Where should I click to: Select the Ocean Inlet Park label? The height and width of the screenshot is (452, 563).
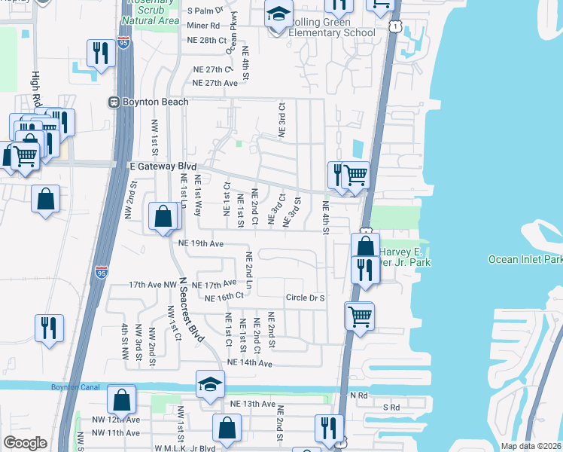(525, 259)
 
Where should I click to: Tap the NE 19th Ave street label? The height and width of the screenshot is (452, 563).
(201, 243)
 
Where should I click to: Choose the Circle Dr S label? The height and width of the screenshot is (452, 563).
(305, 298)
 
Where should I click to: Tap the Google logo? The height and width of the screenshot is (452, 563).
(25, 442)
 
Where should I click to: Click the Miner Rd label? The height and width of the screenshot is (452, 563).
(204, 25)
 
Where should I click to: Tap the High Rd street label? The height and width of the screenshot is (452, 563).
(35, 89)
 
